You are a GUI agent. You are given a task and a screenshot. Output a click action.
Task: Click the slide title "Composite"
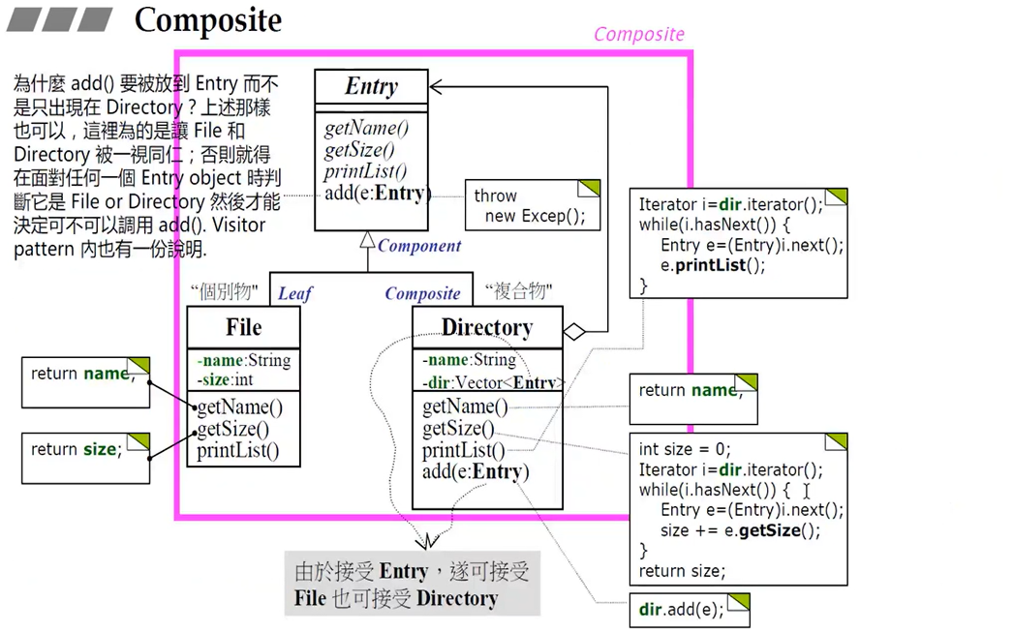click(207, 20)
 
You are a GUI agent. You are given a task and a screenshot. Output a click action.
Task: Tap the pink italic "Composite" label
click(638, 34)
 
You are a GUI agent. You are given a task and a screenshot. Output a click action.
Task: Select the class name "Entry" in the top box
click(371, 86)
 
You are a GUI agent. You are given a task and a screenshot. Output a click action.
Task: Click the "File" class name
click(243, 327)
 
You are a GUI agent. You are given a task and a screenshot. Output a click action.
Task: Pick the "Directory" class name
click(486, 327)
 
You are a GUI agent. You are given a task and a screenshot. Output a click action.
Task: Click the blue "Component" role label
click(419, 246)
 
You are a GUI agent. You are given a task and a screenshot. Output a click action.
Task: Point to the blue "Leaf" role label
click(294, 293)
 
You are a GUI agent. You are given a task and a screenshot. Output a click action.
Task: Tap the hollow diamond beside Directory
click(574, 332)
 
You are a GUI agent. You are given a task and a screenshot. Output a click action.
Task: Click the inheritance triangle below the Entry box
click(366, 238)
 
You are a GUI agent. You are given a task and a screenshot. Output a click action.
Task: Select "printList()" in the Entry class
click(365, 171)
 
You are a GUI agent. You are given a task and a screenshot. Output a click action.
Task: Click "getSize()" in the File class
click(233, 429)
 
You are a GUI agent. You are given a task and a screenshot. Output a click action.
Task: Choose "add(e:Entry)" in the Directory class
click(473, 472)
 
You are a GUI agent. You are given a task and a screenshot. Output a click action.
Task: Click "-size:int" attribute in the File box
click(225, 378)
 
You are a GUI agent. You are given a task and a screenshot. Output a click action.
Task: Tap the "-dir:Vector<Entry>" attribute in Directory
click(488, 382)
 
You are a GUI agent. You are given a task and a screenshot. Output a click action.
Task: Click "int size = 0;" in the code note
click(684, 450)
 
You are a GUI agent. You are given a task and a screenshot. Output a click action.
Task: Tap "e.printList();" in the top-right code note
click(713, 265)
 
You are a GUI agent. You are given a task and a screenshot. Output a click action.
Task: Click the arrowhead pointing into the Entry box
click(437, 87)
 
